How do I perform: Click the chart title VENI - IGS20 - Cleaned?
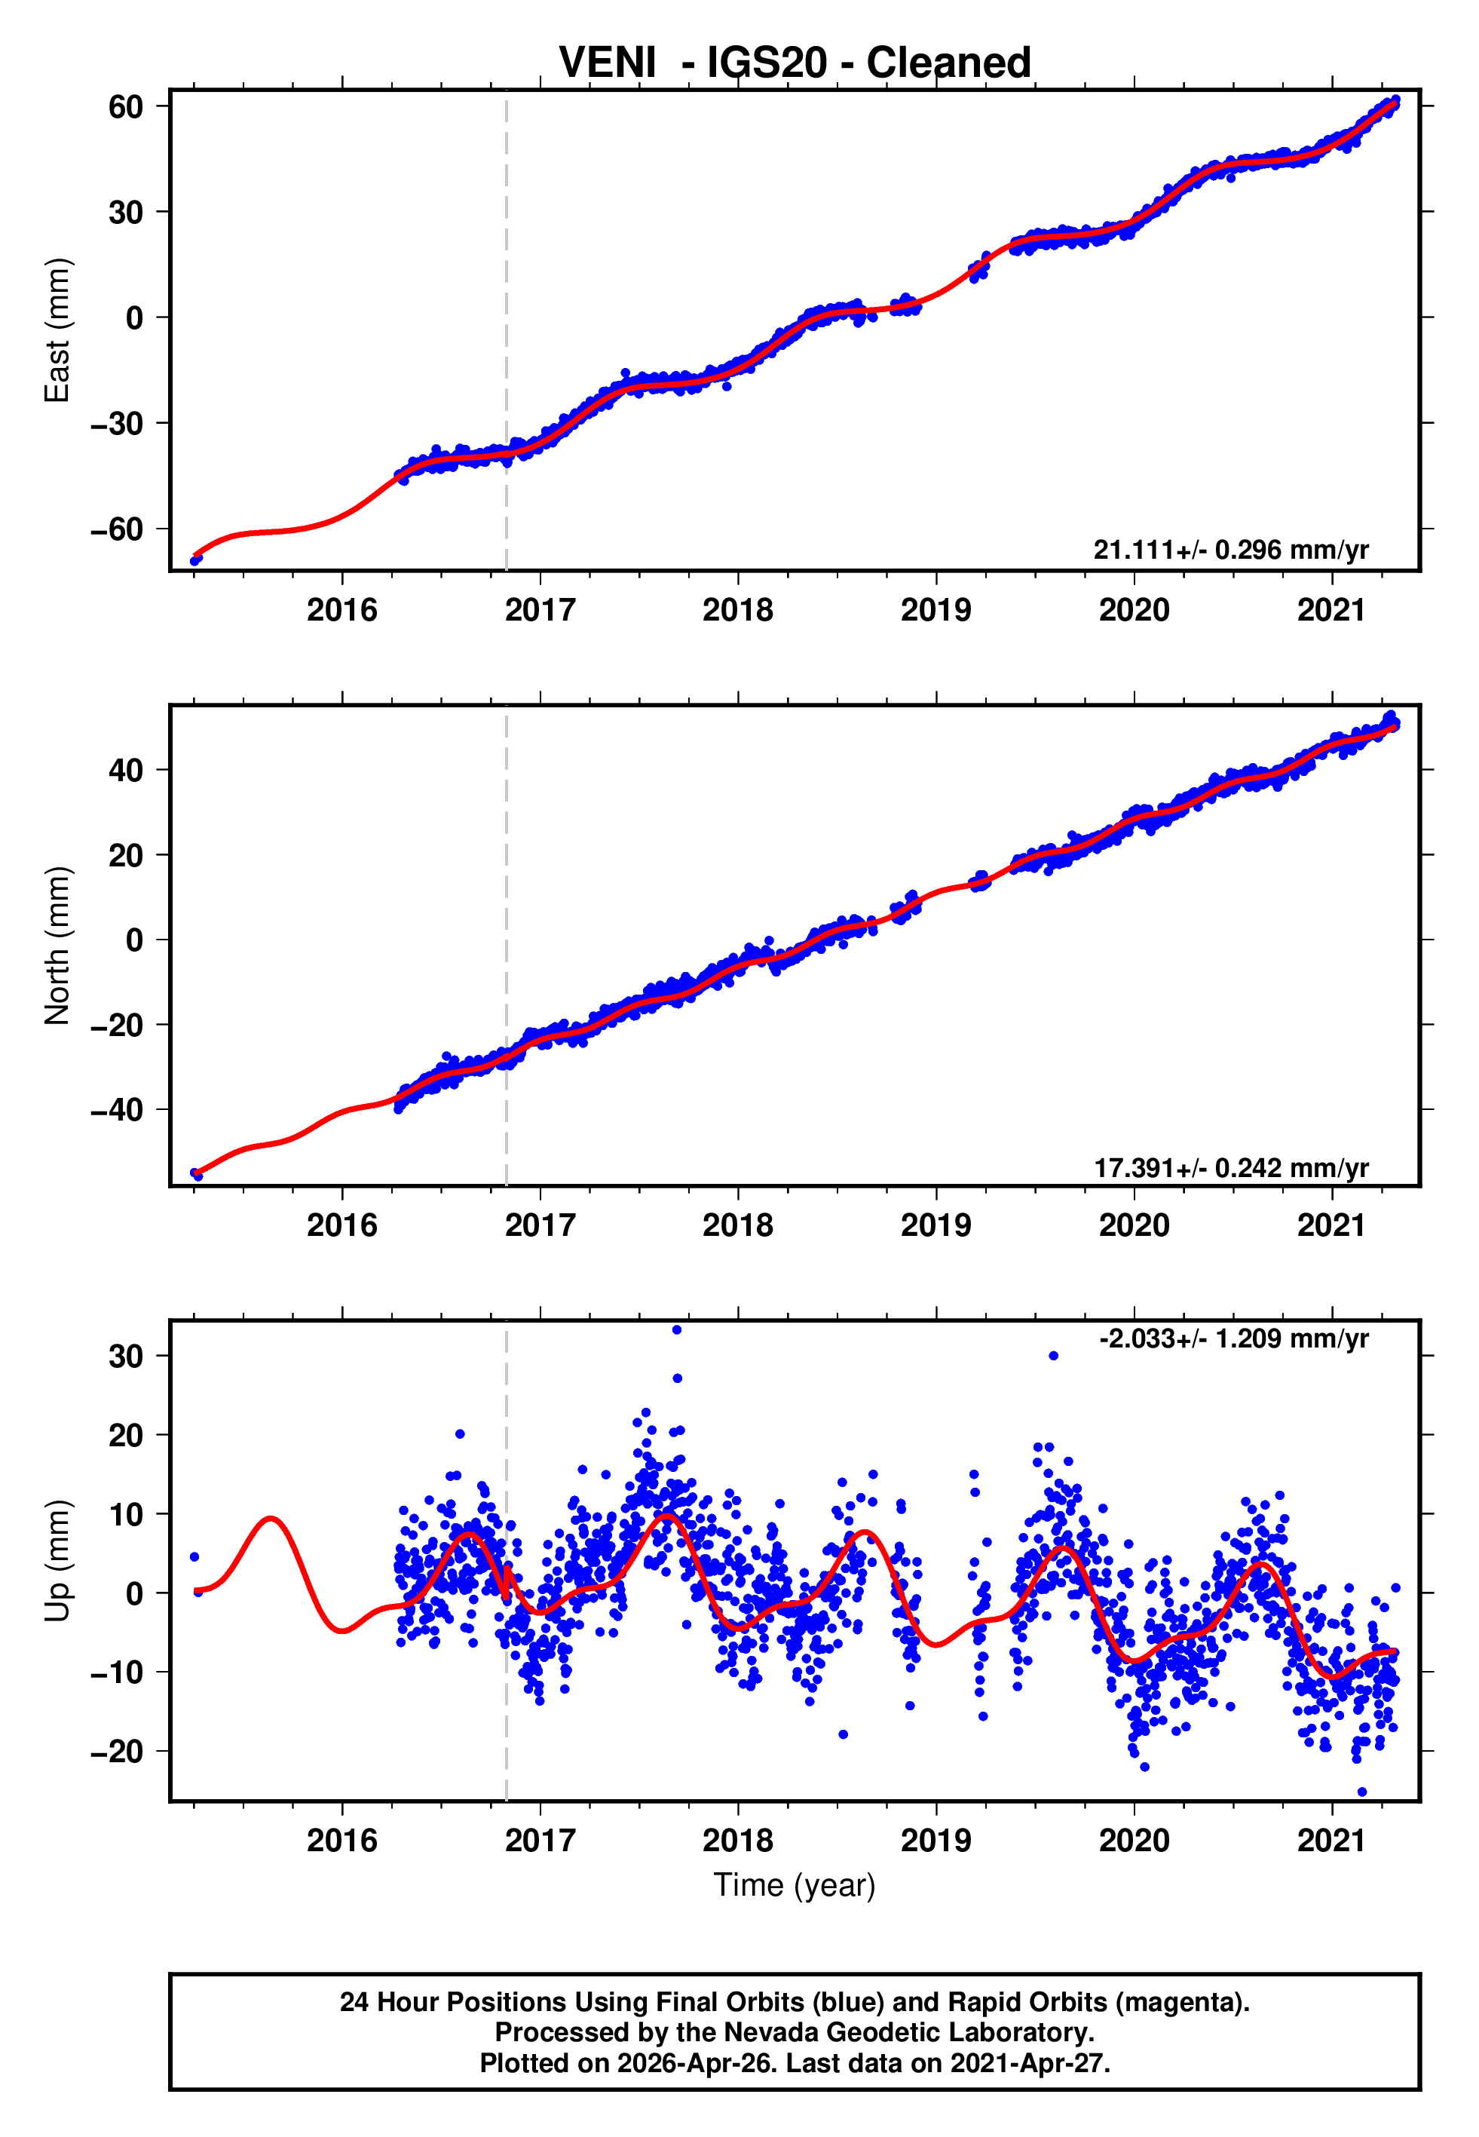795,63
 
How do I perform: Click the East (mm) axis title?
57,330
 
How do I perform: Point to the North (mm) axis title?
57,946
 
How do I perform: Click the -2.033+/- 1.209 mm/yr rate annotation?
1233,1339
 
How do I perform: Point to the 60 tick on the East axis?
126,106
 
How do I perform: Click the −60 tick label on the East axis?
117,529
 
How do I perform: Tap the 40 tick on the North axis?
126,770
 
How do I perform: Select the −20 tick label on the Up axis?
117,1752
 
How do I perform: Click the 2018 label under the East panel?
738,610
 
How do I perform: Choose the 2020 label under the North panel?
1133,1225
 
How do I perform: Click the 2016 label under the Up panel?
342,1841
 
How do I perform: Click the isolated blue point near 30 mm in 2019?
1054,1356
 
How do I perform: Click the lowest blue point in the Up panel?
1361,1792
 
